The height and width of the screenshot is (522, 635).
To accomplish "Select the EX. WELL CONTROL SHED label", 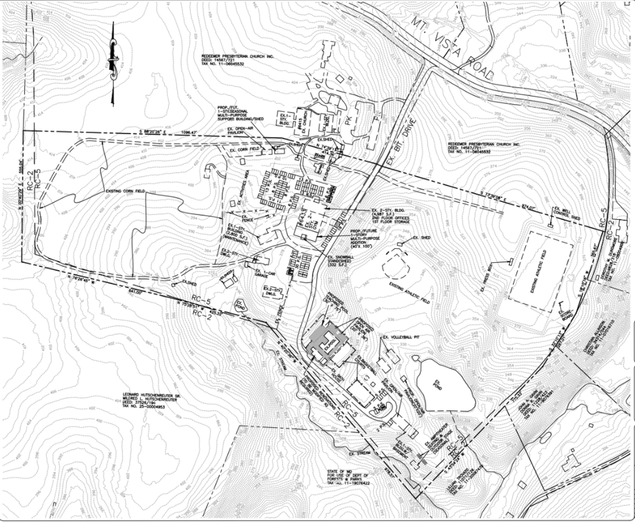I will click(566, 213).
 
